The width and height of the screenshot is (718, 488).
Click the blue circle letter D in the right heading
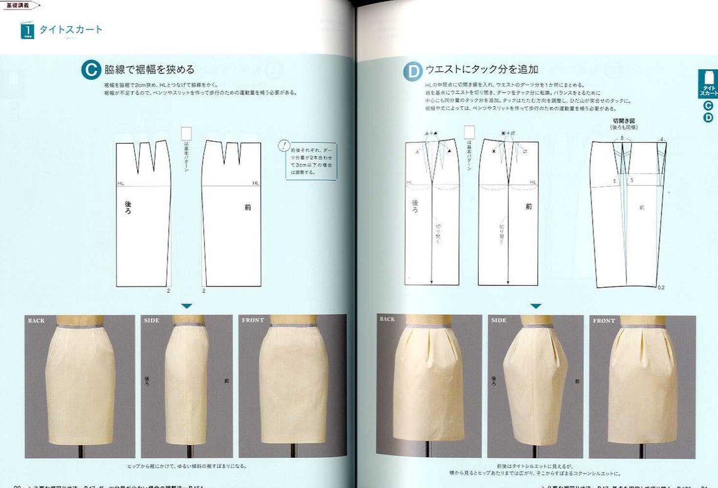(413, 71)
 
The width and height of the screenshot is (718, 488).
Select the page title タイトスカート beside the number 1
(71, 30)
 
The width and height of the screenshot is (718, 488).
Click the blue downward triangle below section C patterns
(186, 306)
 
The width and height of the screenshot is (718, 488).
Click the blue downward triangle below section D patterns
(535, 306)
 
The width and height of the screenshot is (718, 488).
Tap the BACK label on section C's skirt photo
(37, 321)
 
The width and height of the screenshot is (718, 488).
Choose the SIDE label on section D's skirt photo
(499, 321)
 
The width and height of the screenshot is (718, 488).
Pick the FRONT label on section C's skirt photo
(253, 321)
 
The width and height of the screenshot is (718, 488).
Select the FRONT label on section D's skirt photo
(603, 321)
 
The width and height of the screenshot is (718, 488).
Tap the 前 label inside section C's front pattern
(247, 207)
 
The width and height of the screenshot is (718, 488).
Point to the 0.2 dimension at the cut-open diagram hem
(661, 287)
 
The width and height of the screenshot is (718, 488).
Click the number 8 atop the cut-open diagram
(621, 138)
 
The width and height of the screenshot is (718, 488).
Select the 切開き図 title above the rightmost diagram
(623, 120)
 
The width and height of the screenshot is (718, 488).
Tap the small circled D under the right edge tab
(708, 117)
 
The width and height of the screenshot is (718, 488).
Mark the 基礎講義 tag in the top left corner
(17, 4)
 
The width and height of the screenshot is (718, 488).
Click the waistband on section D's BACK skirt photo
(428, 325)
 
